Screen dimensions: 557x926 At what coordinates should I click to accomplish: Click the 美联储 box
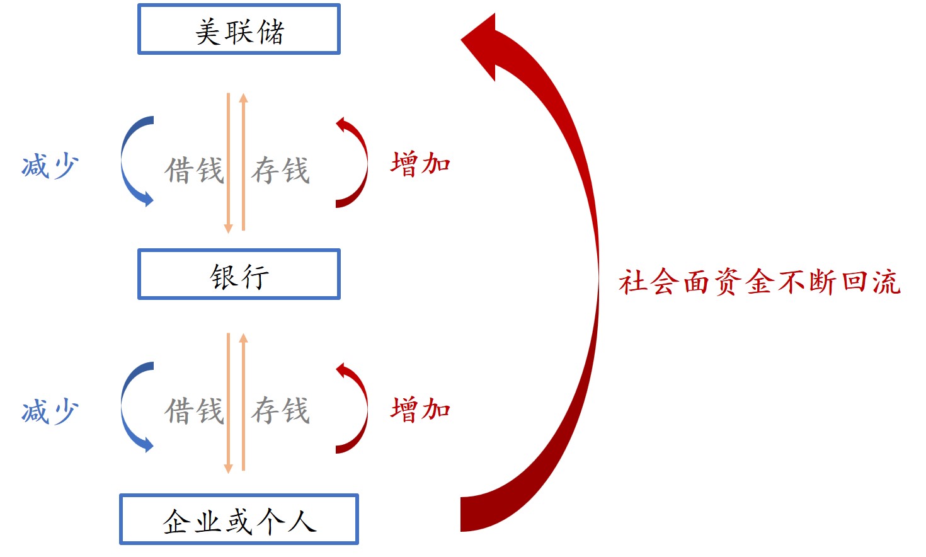[239, 30]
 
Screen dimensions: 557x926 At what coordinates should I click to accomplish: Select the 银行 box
[239, 275]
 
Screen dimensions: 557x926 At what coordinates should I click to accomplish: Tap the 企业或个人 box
[239, 520]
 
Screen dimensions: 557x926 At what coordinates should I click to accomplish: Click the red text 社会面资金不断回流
[759, 282]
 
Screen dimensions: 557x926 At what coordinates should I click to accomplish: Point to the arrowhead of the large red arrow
[482, 44]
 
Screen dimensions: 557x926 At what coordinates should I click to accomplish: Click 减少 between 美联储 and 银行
[50, 166]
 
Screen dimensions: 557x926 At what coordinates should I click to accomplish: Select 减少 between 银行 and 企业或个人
[50, 411]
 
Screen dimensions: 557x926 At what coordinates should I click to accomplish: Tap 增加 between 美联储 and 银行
[420, 163]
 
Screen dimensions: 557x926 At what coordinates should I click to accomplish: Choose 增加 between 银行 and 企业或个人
[420, 409]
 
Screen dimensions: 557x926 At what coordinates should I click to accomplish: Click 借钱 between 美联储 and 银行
[194, 170]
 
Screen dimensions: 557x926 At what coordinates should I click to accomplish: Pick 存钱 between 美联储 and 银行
[280, 170]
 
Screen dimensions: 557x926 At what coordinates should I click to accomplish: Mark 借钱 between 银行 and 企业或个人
[194, 410]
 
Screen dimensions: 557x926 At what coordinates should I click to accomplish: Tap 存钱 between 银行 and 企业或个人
[280, 410]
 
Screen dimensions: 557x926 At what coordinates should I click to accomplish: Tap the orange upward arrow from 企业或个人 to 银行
[244, 403]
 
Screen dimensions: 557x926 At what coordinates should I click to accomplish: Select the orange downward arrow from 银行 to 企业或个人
[229, 403]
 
